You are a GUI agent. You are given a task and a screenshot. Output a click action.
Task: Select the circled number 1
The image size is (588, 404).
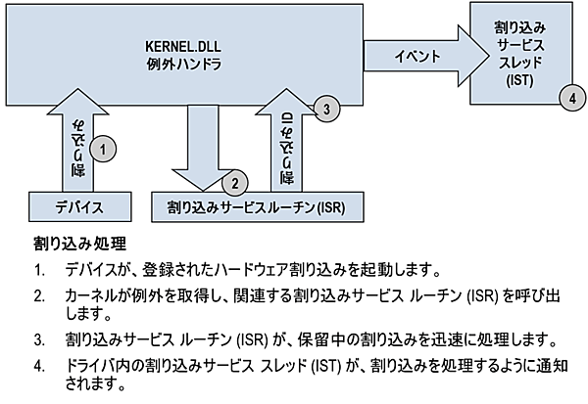pos(104,149)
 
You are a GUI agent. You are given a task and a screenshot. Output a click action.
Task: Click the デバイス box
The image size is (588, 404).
pos(78,207)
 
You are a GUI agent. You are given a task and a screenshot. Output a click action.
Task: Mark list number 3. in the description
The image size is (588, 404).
pos(40,340)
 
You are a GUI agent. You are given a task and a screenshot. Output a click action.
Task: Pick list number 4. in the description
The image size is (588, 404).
pos(40,367)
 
